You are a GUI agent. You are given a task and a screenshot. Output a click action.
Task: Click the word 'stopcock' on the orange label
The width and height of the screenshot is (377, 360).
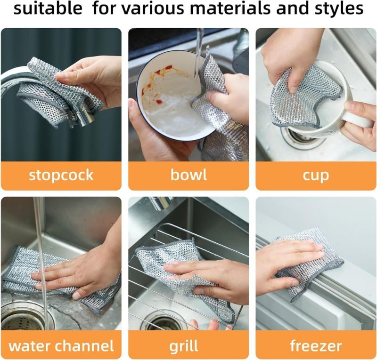pos(61,176)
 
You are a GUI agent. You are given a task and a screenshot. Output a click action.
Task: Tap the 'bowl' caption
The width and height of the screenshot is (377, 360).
pos(188,176)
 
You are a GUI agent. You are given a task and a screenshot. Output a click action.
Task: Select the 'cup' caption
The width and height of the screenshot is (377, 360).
pos(316,176)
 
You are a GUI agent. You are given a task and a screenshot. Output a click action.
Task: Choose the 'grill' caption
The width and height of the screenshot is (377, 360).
pos(188,346)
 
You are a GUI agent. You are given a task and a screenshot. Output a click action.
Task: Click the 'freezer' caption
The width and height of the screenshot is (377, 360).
pos(316,346)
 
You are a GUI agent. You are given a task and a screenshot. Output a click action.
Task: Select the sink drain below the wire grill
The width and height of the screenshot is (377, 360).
pos(163,321)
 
